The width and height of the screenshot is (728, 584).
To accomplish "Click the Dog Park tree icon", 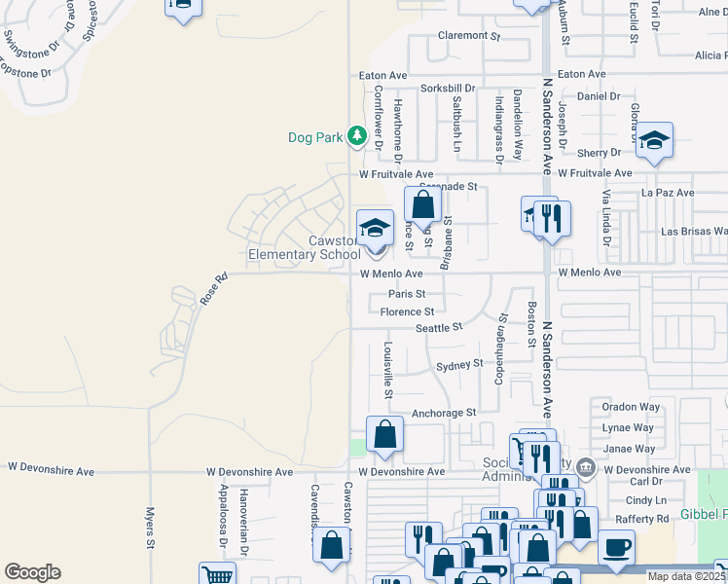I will click(357, 135).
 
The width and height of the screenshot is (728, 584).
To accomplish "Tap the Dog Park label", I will click(315, 137).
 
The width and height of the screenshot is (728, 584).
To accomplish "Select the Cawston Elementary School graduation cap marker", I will click(375, 230).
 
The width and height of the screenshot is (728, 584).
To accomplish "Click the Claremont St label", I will click(468, 35).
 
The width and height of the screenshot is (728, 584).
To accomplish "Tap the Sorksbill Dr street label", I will click(447, 88).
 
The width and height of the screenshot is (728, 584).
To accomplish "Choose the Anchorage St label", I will click(444, 413).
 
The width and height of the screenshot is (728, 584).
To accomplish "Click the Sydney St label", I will click(459, 365).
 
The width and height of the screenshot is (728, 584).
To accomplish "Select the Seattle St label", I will click(439, 328).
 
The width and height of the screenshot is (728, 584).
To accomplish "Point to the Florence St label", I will click(407, 311).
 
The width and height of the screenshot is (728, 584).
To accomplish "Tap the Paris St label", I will click(407, 293).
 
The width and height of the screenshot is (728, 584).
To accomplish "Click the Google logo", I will click(32, 572).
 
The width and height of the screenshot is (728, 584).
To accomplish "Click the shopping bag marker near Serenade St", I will click(422, 206).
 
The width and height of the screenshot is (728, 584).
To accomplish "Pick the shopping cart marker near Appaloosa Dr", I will click(217, 576).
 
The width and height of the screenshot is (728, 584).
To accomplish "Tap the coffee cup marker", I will click(614, 547).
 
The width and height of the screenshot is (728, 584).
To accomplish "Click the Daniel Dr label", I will click(599, 96).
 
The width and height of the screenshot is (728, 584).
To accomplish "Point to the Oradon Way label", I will click(632, 407).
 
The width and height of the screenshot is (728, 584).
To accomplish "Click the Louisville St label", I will click(387, 369).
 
